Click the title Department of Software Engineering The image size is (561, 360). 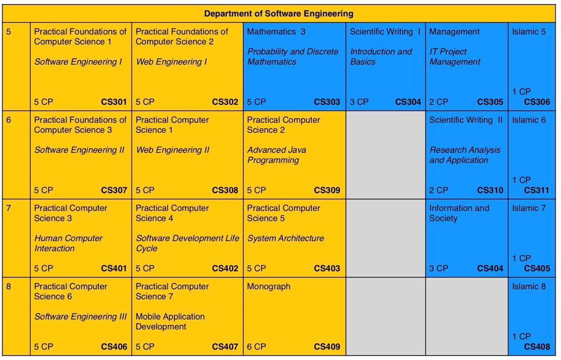coord(278,14)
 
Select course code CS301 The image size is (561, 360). coord(114,102)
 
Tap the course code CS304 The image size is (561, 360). coord(408,102)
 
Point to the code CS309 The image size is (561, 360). coord(327,190)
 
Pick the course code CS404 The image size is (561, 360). coord(490,269)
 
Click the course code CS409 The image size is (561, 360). coord(327,347)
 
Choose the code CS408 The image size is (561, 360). coord(536,347)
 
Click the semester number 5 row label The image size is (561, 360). coord(8,32)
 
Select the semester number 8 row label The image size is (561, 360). coord(8,287)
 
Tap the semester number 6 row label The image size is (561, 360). coord(8,120)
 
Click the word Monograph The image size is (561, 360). coord(269,287)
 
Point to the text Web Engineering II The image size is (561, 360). coord(173,150)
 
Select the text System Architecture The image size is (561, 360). coord(285,239)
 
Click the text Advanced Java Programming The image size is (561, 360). coord(277,155)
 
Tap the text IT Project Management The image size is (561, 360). coord(454,57)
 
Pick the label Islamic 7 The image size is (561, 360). coord(529,208)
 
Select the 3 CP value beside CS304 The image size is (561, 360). coord(359,102)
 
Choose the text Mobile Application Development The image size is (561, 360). coord(170,321)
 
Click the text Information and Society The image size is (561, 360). coord(459,213)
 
